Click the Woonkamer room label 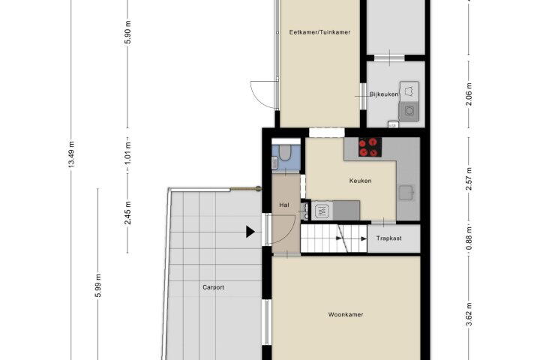pyautogui.click(x=346, y=314)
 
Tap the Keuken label pyautogui.click(x=360, y=181)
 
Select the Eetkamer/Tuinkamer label pyautogui.click(x=320, y=32)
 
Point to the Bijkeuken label pyautogui.click(x=384, y=94)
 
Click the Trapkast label pyautogui.click(x=388, y=238)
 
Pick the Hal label pyautogui.click(x=284, y=205)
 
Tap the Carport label pyautogui.click(x=214, y=287)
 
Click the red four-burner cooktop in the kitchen pyautogui.click(x=370, y=147)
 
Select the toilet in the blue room pyautogui.click(x=285, y=152)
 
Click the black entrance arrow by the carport pyautogui.click(x=250, y=232)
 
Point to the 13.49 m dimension pyautogui.click(x=71, y=154)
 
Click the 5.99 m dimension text pyautogui.click(x=98, y=286)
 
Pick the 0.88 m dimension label pyautogui.click(x=469, y=239)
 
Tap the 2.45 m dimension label pyautogui.click(x=127, y=213)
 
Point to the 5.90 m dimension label pyautogui.click(x=127, y=32)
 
